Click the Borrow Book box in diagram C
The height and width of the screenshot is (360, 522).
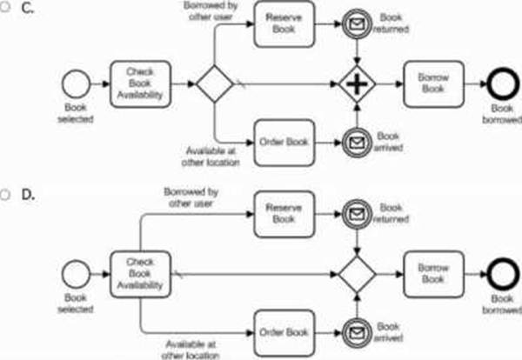(433, 84)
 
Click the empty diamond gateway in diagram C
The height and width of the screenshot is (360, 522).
(214, 84)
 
